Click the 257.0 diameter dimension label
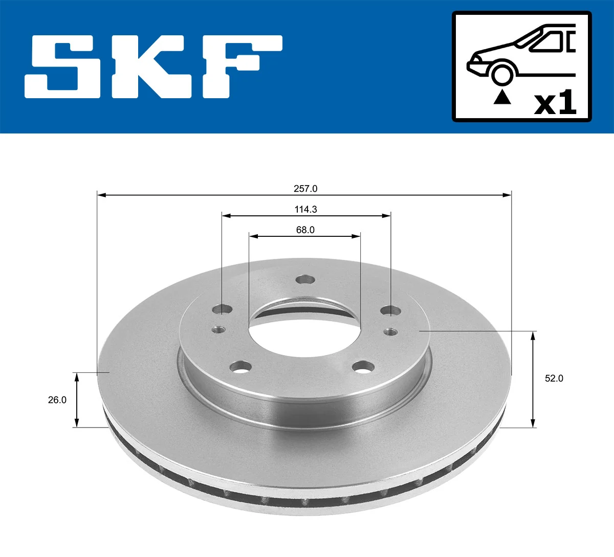305,189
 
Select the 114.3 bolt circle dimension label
305,209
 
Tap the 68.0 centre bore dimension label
305,230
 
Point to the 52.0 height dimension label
554,378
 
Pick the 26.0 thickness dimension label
57,400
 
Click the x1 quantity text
555,102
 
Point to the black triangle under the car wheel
502,98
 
